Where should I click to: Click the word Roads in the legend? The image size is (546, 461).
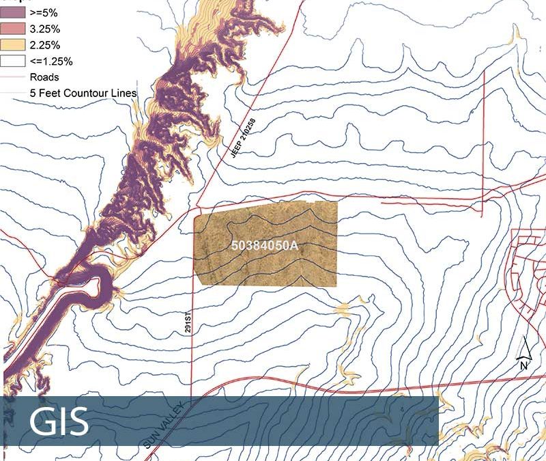[x=44, y=77]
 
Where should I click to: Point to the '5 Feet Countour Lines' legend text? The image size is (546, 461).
[x=83, y=93]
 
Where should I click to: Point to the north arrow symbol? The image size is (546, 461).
[x=525, y=349]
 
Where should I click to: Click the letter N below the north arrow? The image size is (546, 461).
[x=524, y=365]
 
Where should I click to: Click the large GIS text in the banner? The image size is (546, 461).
[x=59, y=422]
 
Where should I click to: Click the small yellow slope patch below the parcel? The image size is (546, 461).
[x=342, y=309]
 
